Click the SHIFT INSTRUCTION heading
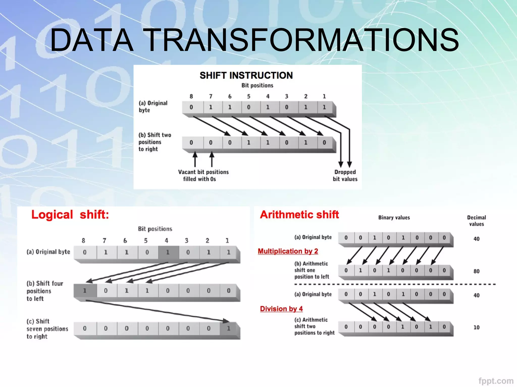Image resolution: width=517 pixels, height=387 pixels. point(246,75)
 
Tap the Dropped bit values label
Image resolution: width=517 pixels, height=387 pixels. point(345,175)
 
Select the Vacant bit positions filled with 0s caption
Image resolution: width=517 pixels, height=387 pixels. point(203,175)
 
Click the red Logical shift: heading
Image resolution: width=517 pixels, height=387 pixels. point(70,215)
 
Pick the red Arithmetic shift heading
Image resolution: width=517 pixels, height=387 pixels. point(299,215)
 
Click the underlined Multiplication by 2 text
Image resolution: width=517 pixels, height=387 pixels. point(288,251)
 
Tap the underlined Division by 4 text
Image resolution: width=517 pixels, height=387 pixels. point(281,309)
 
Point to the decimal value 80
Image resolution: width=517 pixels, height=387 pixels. point(476,271)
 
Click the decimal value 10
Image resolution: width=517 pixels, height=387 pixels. point(476,327)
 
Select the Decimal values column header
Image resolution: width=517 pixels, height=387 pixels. point(476,221)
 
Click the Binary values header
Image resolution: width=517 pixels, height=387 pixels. point(394,217)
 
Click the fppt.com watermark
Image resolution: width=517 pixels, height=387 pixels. point(496,381)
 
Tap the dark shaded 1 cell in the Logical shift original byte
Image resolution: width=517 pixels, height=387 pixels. point(168,252)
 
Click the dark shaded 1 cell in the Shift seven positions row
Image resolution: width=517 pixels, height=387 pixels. point(229,328)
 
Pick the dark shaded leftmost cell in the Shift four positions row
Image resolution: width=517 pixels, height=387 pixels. point(85,291)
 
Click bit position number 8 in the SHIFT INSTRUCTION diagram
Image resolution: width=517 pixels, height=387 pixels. point(191,96)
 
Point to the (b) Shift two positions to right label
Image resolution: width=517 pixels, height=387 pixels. point(154,142)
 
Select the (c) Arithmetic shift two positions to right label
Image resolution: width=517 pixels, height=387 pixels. point(314,326)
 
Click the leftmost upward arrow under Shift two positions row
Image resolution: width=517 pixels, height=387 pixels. point(195,159)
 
